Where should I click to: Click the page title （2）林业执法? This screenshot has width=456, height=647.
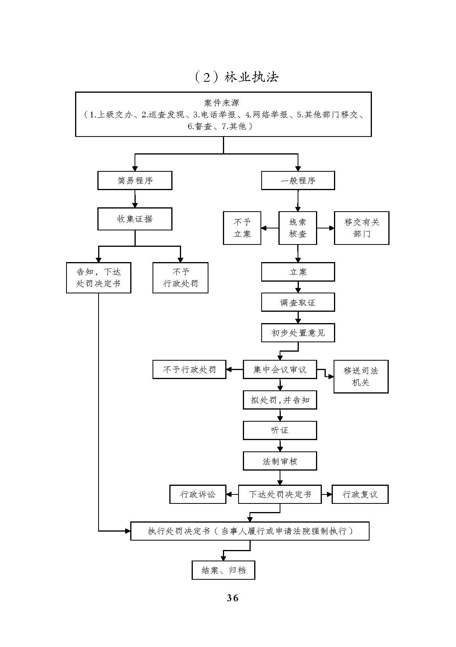pos(236,77)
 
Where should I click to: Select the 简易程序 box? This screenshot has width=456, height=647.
pos(135,181)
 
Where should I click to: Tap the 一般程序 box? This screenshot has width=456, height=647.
pos(298,181)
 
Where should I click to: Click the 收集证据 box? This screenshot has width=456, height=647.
pos(135,219)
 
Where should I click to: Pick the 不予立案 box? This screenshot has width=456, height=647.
pos(242,228)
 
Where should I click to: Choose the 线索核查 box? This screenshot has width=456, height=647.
pos(298,228)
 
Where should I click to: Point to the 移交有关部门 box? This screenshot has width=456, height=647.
pos(361,228)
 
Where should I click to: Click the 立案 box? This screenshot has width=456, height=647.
pos(298,272)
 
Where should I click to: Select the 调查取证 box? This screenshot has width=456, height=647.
pos(298,302)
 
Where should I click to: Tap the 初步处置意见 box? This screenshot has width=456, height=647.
pos(298,333)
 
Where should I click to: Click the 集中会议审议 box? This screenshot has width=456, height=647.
pos(280,370)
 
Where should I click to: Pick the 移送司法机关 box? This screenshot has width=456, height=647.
pos(361,376)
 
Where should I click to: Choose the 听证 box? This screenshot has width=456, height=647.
pos(280,430)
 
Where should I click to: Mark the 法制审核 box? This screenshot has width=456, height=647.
pos(280,461)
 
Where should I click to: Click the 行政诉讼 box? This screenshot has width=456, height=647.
pos(197,494)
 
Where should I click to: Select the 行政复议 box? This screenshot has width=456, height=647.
pos(360,494)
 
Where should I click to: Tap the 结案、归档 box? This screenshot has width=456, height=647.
pos(223,570)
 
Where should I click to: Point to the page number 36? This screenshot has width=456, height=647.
pos(232,598)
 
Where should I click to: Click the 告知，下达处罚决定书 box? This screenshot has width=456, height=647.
pos(99,278)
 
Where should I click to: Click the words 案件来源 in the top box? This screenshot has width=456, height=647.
pos(221,103)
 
